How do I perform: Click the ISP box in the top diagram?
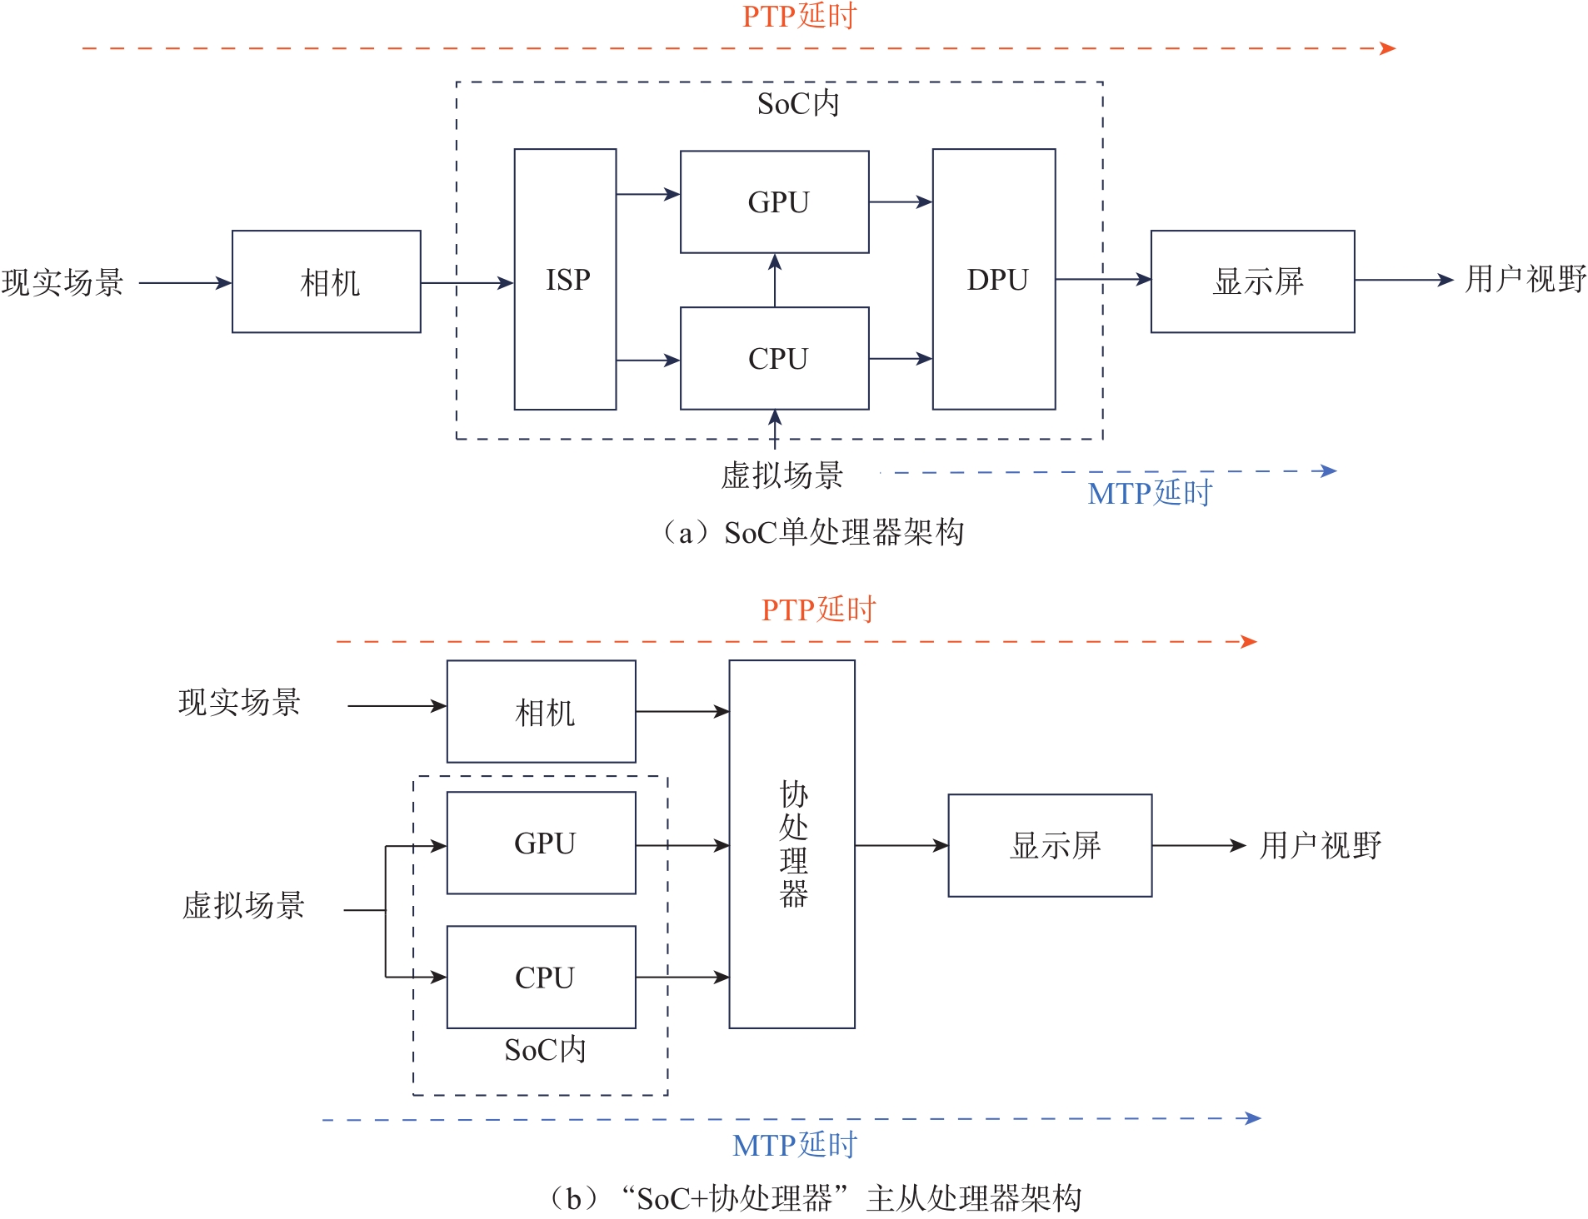coord(565,279)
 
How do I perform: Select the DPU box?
coord(994,279)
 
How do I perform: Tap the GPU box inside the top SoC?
coord(774,202)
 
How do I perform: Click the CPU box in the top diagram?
coord(774,358)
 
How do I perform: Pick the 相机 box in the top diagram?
coord(326,281)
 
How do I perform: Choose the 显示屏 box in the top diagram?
coord(1252,281)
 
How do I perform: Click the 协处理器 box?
coord(792,843)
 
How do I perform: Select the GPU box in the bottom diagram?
coord(541,843)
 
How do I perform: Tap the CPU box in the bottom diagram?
coord(541,977)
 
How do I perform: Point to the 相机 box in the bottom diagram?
coord(541,711)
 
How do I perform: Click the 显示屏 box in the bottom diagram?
coord(1050,845)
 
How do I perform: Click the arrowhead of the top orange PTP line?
coord(1387,48)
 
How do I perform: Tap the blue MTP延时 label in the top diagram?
coord(1150,493)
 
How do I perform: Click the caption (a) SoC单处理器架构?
coord(812,532)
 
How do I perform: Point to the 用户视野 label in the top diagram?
coord(1526,279)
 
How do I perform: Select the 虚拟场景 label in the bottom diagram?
coord(243,905)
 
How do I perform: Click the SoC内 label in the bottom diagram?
coord(545,1050)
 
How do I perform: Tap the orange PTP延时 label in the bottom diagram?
coord(818,609)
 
